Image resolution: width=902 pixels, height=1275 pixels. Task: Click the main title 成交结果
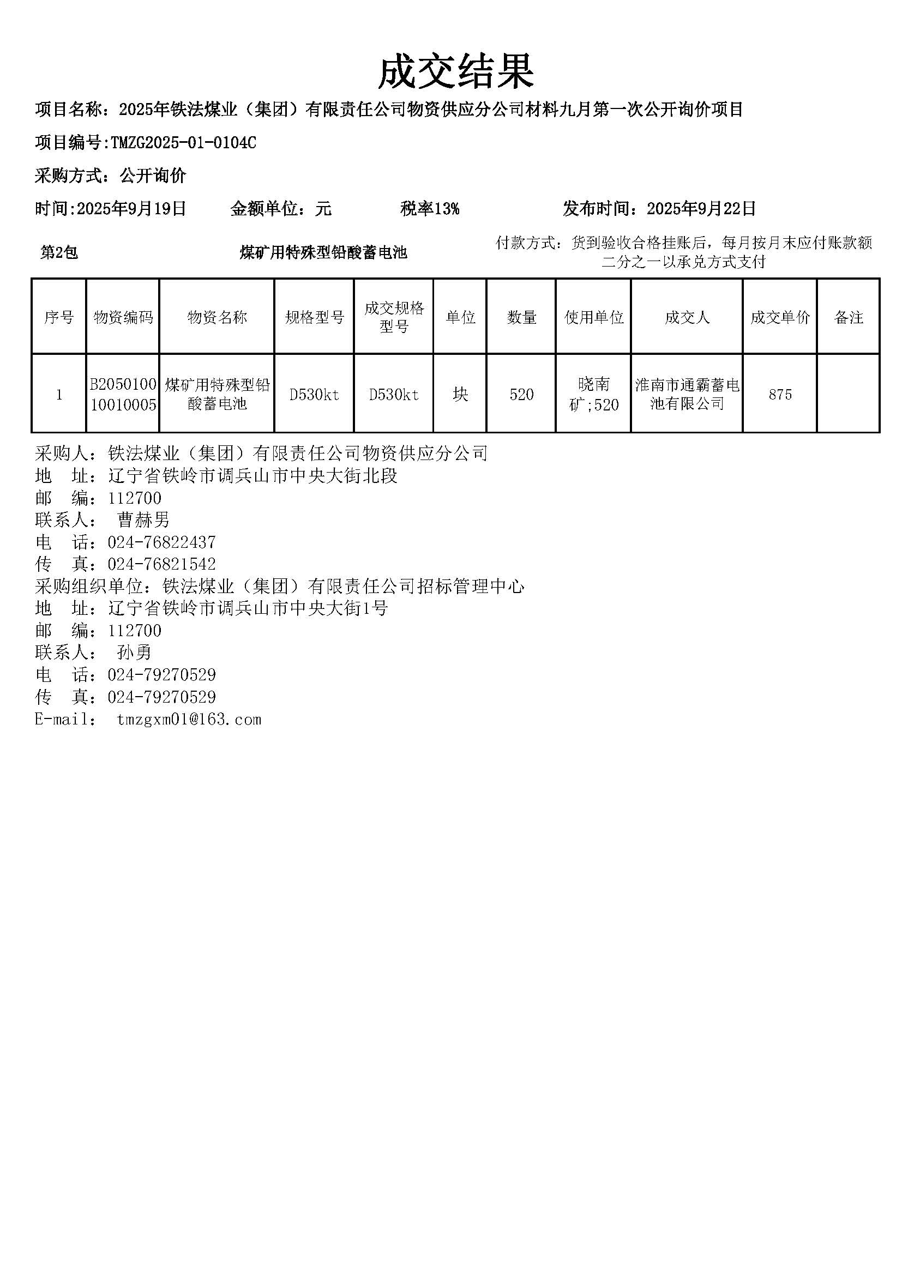coord(455,72)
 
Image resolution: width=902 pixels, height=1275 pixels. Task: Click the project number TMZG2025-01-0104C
coord(183,143)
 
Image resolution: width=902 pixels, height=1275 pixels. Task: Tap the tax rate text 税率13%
coord(429,209)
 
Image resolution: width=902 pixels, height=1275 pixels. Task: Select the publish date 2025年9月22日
coord(701,209)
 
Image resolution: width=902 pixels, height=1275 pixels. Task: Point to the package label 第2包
coord(59,253)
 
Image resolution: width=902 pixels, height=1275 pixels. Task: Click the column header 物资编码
coord(123,318)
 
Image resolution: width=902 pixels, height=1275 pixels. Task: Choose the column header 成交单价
coord(780,318)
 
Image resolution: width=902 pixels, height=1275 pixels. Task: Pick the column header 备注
coord(848,318)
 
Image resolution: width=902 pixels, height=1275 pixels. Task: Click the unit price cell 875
coord(780,395)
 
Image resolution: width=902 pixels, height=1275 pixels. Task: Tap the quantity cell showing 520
coord(521,395)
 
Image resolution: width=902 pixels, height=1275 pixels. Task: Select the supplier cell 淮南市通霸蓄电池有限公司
coord(687,394)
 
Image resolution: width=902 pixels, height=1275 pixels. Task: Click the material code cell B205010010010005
coord(123,394)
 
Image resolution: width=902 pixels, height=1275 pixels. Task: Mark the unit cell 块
coord(460,395)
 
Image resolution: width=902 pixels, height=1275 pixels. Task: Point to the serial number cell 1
coord(59,395)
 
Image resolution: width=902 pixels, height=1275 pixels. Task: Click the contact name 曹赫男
coord(143,521)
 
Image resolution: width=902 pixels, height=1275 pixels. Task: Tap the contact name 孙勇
coord(134,652)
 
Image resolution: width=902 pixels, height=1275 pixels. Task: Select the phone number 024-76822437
coord(161,542)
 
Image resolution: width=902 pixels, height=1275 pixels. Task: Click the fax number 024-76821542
coord(161,565)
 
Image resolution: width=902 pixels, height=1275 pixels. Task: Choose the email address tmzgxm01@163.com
coord(189,720)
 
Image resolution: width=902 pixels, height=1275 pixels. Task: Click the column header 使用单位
coord(593,318)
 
